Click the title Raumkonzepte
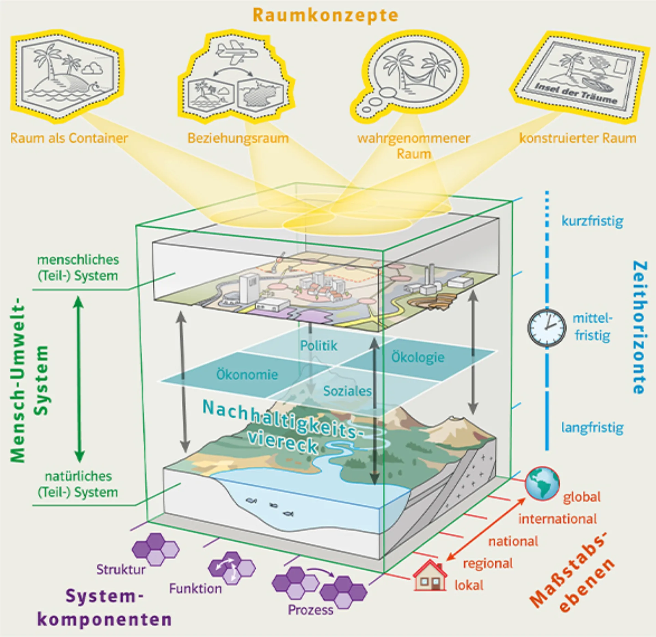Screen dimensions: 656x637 pyautogui.click(x=326, y=16)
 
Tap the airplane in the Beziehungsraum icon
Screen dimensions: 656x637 pyautogui.click(x=236, y=52)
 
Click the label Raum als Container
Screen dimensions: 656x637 pyautogui.click(x=69, y=138)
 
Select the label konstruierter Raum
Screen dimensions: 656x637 pyautogui.click(x=578, y=138)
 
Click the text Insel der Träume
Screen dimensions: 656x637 pyautogui.click(x=576, y=93)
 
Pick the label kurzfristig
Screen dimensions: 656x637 pyautogui.click(x=592, y=221)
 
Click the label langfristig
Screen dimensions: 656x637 pyautogui.click(x=592, y=428)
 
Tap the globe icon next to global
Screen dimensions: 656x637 pyautogui.click(x=542, y=484)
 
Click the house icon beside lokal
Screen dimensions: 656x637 pyautogui.click(x=430, y=577)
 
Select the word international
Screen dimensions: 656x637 pyautogui.click(x=557, y=519)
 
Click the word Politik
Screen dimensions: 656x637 pyautogui.click(x=318, y=345)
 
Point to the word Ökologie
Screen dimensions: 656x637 pyautogui.click(x=418, y=357)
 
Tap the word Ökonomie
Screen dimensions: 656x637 pyautogui.click(x=247, y=375)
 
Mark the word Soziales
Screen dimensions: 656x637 pyautogui.click(x=347, y=391)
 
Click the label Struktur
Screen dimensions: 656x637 pyautogui.click(x=121, y=570)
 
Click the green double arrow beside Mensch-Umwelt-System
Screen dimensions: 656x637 pyautogui.click(x=79, y=379)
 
